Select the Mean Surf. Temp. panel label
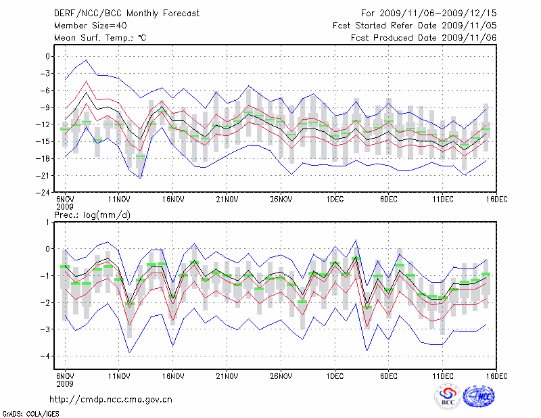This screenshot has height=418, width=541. pos(100,38)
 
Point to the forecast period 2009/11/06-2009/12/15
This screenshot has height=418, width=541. pos(429,13)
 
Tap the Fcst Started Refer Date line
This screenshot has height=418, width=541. pos(415,26)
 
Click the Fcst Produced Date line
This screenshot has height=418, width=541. pos(423,38)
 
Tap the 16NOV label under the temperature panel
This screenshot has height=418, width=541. pos(173,199)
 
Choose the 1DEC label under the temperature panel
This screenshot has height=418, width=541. pos(335,199)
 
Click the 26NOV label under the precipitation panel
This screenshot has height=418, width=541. pos(281,375)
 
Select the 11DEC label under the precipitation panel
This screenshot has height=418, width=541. pos(442,375)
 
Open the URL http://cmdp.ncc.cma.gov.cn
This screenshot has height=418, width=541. pos(112,400)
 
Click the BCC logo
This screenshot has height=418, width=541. pos(448,396)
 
